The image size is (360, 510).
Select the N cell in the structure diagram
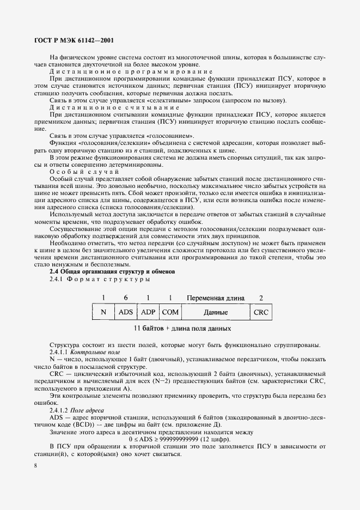pyautogui.click(x=103, y=313)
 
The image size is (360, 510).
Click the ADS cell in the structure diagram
pyautogui.click(x=126, y=313)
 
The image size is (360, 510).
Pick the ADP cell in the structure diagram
pyautogui.click(x=148, y=313)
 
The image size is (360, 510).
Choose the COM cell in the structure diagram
pyautogui.click(x=170, y=313)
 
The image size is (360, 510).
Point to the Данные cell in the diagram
pyautogui.click(x=215, y=313)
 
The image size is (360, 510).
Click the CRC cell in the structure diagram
pyautogui.click(x=261, y=313)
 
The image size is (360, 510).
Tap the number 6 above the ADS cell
pyautogui.click(x=126, y=298)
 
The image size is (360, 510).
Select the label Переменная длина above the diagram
pyautogui.click(x=215, y=298)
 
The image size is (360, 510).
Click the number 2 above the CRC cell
pyautogui.click(x=261, y=298)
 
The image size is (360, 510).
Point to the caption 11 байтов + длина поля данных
pyautogui.click(x=183, y=329)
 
